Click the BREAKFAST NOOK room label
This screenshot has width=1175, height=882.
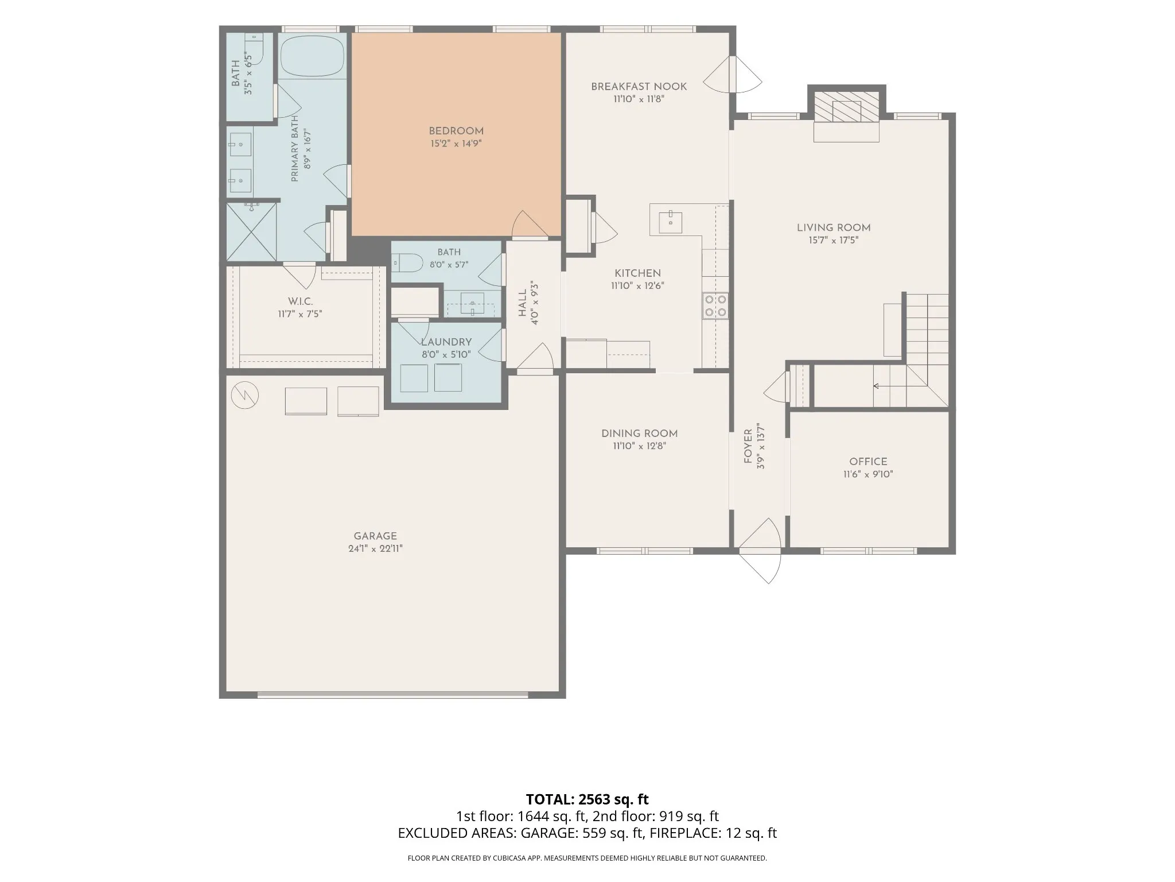click(639, 87)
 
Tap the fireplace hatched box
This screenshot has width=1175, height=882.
click(847, 107)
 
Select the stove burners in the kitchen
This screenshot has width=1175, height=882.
click(715, 305)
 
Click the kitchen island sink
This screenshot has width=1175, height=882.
click(670, 222)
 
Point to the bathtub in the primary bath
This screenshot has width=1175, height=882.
click(313, 56)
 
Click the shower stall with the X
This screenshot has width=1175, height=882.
click(251, 231)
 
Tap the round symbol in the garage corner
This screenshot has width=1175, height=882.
click(245, 395)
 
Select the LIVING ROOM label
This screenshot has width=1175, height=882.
click(834, 228)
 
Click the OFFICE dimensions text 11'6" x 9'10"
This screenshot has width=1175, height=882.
click(868, 474)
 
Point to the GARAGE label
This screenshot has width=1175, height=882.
click(375, 536)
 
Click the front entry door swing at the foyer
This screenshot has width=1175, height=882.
click(760, 551)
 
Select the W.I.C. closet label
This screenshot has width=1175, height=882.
click(300, 302)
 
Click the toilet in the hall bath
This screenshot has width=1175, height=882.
click(407, 263)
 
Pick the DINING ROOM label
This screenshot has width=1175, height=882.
click(639, 434)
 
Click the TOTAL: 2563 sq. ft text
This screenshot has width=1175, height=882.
click(587, 799)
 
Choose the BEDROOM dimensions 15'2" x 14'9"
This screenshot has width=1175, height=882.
click(456, 144)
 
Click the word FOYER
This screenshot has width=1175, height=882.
click(748, 446)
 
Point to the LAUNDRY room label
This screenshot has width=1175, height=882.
click(446, 342)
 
